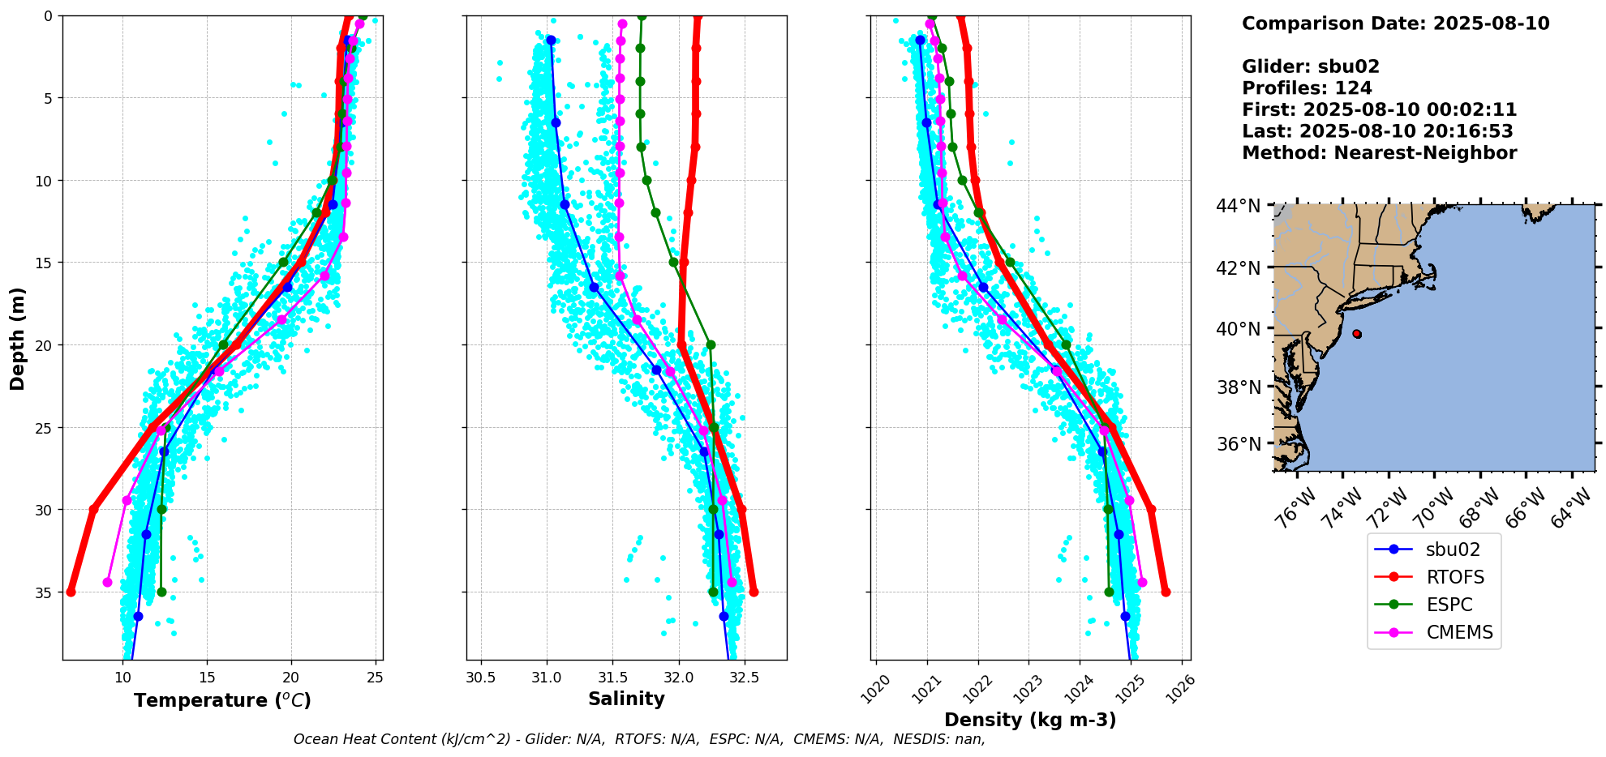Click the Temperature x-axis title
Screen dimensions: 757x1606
[x=222, y=700]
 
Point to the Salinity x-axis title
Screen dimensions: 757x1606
[x=626, y=699]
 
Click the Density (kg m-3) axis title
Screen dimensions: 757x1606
[x=1030, y=720]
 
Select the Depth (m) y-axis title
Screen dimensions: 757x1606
[x=18, y=338]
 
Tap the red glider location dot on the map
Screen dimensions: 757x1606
[x=1357, y=334]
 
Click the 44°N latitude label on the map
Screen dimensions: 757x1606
[x=1238, y=207]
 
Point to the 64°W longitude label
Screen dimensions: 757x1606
[x=1571, y=512]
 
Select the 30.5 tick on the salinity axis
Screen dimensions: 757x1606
[x=481, y=678]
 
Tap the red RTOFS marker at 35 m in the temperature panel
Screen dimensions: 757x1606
[x=71, y=592]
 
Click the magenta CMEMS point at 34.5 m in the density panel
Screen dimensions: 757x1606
[x=1142, y=582]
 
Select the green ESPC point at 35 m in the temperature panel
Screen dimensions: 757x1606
[x=161, y=592]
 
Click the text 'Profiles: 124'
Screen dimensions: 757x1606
[x=1307, y=88]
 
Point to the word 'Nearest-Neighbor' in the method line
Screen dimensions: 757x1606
[x=1425, y=153]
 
